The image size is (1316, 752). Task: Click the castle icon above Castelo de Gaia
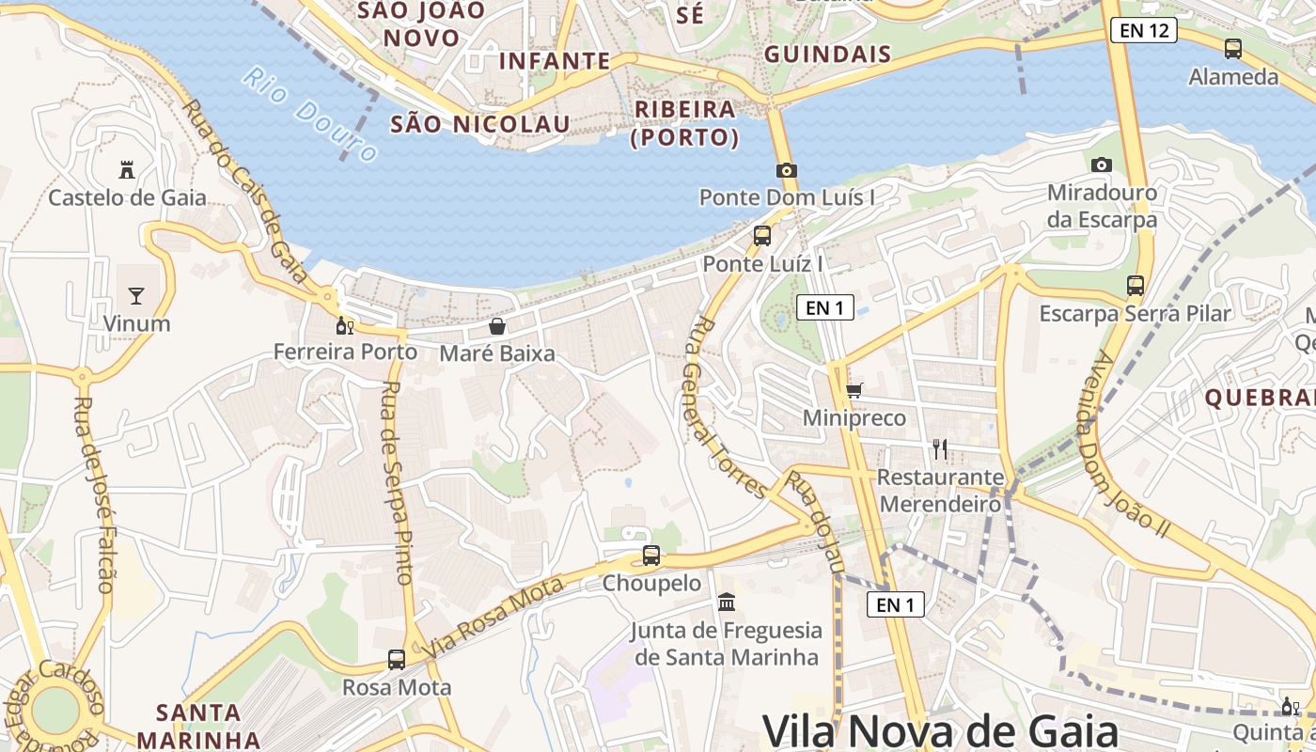[127, 170]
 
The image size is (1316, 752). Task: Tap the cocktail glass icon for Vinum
[136, 296]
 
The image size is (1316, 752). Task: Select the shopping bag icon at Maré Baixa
[497, 326]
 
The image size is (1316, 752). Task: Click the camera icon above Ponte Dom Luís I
[787, 170]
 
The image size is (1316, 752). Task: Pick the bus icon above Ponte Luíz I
[762, 236]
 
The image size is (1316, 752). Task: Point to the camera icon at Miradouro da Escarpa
[1102, 164]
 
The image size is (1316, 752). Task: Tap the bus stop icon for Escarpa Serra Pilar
[1136, 285]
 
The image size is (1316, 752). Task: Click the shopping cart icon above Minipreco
[854, 390]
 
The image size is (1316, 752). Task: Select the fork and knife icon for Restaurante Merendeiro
[939, 449]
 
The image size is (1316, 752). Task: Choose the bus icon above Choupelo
[651, 556]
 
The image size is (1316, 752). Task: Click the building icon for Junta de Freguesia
[727, 602]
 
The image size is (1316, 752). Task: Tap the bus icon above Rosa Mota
[397, 659]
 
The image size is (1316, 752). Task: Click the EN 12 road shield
[1144, 30]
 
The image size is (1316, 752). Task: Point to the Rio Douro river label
[311, 114]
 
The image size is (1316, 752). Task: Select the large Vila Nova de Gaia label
[939, 730]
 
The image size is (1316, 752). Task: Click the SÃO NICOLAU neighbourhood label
[479, 124]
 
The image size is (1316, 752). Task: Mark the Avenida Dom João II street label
[1130, 445]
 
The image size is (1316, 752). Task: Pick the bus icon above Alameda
[1233, 49]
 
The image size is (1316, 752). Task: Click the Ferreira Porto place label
[345, 352]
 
